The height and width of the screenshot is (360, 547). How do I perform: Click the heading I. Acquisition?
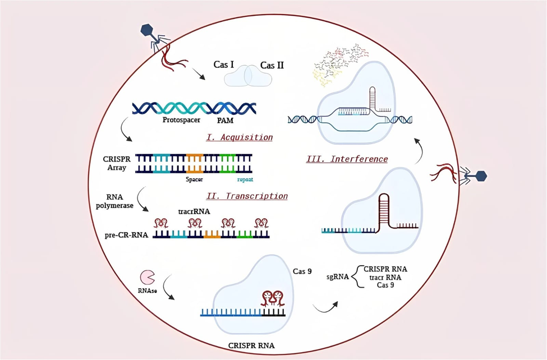pyautogui.click(x=239, y=137)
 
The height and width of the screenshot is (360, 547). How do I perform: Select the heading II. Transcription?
pyautogui.click(x=248, y=196)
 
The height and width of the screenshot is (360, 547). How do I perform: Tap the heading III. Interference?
pyautogui.click(x=347, y=159)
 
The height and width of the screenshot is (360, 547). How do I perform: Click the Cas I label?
pyautogui.click(x=224, y=65)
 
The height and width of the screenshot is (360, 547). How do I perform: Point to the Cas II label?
pyautogui.click(x=272, y=66)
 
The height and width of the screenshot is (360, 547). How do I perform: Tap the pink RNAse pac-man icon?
pyautogui.click(x=148, y=276)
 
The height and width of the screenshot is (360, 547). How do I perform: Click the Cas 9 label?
pyautogui.click(x=302, y=271)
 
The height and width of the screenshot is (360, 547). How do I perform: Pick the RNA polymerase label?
pyautogui.click(x=117, y=201)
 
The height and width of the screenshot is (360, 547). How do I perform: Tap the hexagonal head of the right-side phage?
pyautogui.click(x=480, y=176)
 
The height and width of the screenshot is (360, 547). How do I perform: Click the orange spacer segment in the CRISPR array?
pyautogui.click(x=195, y=163)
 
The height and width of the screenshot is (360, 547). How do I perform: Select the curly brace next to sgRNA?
pyautogui.click(x=354, y=277)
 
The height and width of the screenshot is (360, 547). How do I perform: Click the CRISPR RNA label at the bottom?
pyautogui.click(x=252, y=345)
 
